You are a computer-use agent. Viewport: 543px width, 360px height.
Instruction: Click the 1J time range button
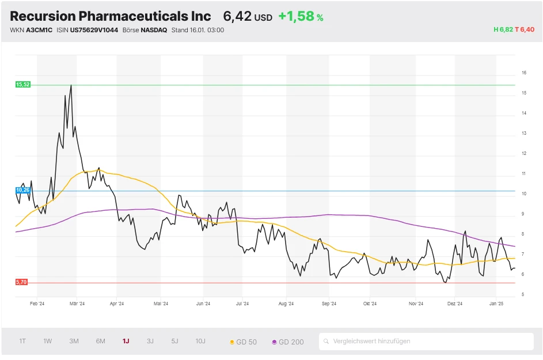click(126, 341)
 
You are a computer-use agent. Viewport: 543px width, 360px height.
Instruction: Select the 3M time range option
click(74, 341)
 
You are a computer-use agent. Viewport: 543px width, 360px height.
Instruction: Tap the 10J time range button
click(200, 341)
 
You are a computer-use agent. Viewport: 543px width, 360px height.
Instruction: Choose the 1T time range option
click(22, 341)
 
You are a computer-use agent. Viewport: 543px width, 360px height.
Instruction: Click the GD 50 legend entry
click(244, 342)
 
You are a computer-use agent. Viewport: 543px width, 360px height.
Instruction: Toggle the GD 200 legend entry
click(288, 342)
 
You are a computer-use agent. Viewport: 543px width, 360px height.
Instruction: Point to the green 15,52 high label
click(22, 85)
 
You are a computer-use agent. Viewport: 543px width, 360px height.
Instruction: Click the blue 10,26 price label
click(22, 190)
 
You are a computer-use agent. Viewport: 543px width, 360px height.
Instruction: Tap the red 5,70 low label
click(22, 282)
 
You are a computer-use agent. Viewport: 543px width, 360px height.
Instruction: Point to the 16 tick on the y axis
click(524, 73)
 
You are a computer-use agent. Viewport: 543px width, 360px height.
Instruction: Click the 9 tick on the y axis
click(523, 214)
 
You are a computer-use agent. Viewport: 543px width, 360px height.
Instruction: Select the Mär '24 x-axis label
click(77, 304)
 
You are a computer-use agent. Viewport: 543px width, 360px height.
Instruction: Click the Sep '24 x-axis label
click(329, 304)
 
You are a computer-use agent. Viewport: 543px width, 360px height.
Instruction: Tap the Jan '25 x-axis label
click(496, 304)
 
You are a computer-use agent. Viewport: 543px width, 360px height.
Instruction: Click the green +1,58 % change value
click(301, 17)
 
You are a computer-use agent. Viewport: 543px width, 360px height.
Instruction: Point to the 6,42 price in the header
click(237, 16)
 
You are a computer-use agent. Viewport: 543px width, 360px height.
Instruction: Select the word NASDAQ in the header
click(154, 30)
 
